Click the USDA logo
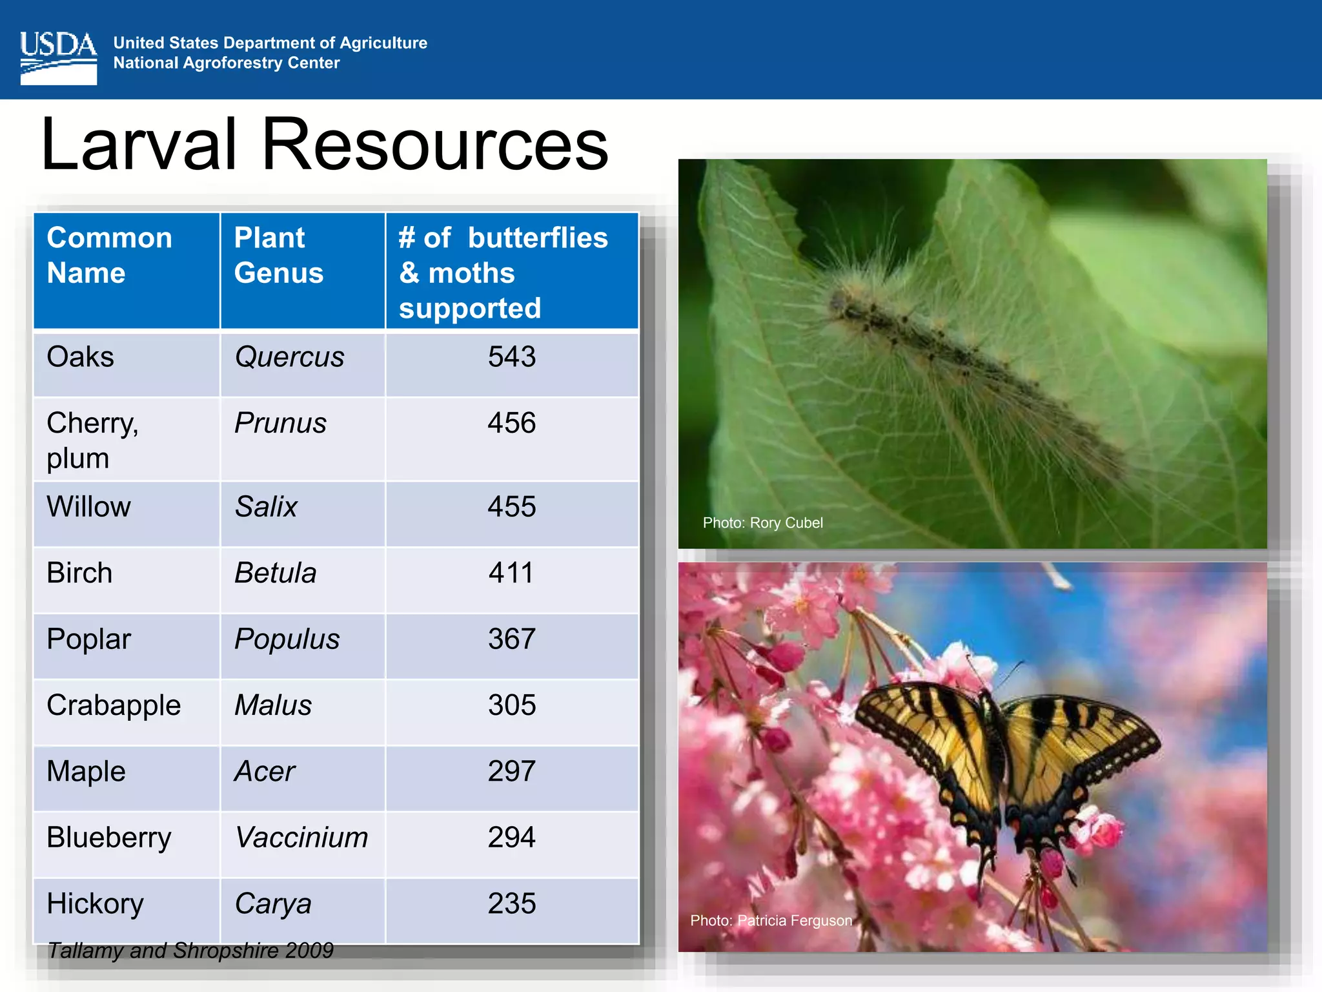click(x=58, y=58)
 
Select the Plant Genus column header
click(x=279, y=255)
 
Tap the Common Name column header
click(x=109, y=255)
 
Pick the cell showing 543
click(x=511, y=357)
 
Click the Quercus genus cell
click(x=289, y=357)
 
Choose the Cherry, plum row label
click(x=92, y=440)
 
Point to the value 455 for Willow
click(x=511, y=507)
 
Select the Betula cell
click(x=275, y=573)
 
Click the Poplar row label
click(x=88, y=639)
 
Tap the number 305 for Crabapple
click(x=511, y=705)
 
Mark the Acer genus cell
click(x=265, y=772)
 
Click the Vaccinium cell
click(x=301, y=838)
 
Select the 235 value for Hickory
click(x=511, y=904)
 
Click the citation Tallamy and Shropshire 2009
click(x=190, y=951)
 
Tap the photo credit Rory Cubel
click(x=762, y=523)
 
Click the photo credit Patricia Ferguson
click(x=771, y=921)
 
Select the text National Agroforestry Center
click(x=227, y=63)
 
